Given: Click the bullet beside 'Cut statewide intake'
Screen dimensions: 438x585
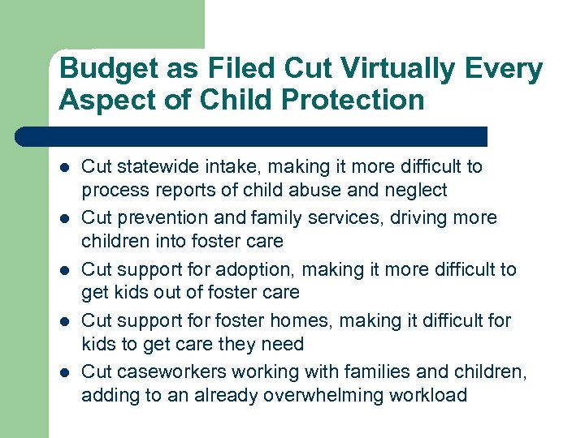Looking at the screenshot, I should (63, 168).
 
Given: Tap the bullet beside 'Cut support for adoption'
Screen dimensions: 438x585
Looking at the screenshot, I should (63, 270).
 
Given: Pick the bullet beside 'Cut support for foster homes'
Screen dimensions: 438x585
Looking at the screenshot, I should (63, 321).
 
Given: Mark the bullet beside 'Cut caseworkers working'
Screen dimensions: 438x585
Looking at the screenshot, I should (63, 372).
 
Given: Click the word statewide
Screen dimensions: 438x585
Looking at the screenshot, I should (154, 167).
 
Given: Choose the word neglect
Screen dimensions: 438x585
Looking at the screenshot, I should (418, 190).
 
